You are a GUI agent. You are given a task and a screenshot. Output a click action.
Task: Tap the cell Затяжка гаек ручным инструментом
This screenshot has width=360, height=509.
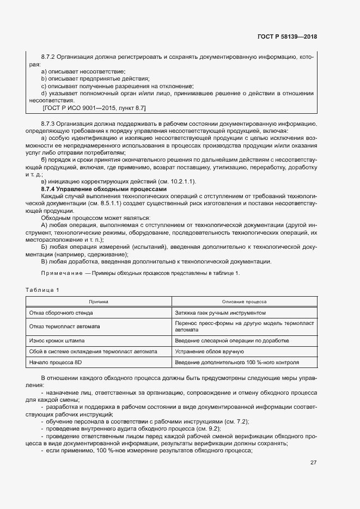(x=220, y=313)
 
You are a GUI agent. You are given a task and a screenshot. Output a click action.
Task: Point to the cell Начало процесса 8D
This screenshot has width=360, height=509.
(x=55, y=362)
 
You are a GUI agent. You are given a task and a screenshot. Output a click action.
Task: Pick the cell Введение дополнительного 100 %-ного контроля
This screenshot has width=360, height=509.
(x=237, y=362)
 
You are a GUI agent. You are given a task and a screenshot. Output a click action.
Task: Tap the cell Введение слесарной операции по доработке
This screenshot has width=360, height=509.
(x=231, y=340)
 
